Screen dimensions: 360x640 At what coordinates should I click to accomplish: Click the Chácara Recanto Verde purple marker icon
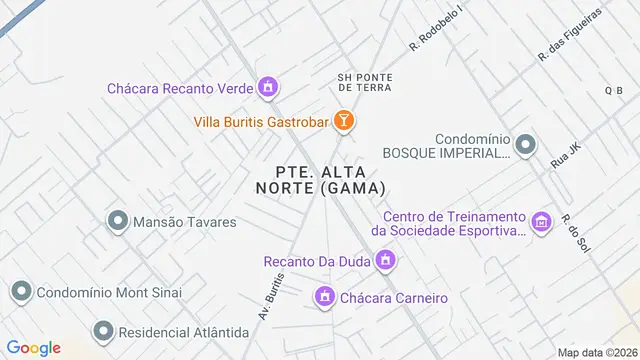[267, 89]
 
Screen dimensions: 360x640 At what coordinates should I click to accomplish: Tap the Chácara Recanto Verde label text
[180, 88]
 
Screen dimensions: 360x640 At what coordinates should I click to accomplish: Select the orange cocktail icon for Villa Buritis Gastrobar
[344, 122]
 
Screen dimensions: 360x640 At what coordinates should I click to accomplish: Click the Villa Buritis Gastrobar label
[262, 123]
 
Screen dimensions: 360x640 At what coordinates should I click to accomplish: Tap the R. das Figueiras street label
[570, 35]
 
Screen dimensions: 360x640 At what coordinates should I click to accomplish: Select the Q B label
[613, 91]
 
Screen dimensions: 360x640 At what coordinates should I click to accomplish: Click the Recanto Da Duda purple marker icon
[386, 262]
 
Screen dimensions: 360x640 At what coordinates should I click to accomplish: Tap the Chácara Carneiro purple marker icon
[324, 297]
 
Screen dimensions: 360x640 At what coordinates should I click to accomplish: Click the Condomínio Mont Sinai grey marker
[21, 292]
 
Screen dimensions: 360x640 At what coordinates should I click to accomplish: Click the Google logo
[33, 347]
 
